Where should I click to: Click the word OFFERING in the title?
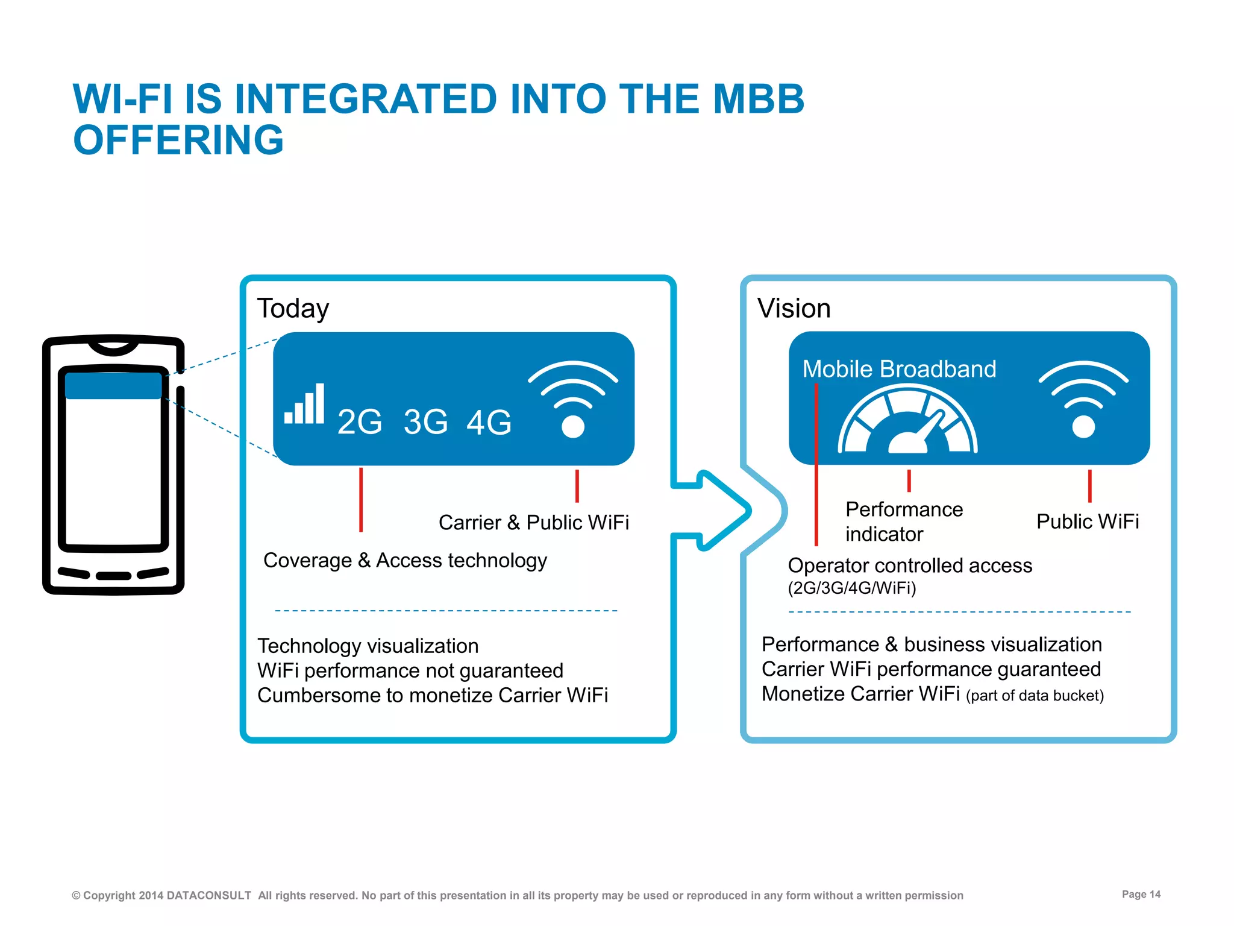[x=178, y=140]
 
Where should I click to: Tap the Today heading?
[x=293, y=309]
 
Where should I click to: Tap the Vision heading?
[x=794, y=309]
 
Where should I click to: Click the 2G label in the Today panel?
[x=360, y=421]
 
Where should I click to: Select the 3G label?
[x=425, y=421]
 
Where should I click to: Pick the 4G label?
[x=489, y=421]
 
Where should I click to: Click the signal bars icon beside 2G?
[x=305, y=405]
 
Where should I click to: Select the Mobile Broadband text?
[x=899, y=369]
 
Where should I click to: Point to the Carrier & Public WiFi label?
[x=533, y=522]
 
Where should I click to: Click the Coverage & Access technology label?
[x=405, y=560]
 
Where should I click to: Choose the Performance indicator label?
[x=903, y=521]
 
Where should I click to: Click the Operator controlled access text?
[x=910, y=565]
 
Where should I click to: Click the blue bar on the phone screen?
[x=113, y=386]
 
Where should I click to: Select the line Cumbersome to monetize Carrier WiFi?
[x=433, y=695]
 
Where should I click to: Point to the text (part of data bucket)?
[x=1035, y=696]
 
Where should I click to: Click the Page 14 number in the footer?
[x=1141, y=894]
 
